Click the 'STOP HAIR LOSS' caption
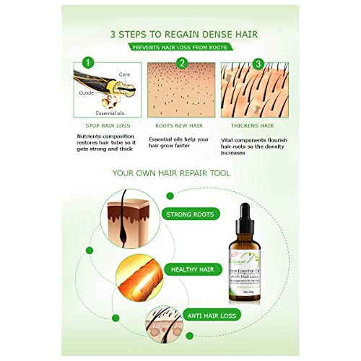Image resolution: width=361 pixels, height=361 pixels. [x=107, y=124]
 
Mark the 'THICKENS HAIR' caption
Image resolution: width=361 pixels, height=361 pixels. [x=253, y=124]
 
